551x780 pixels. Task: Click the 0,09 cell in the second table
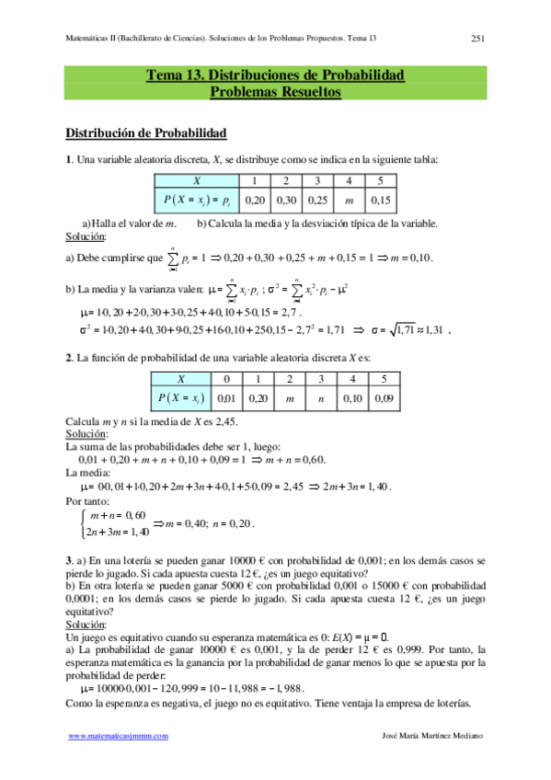pyautogui.click(x=385, y=398)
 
